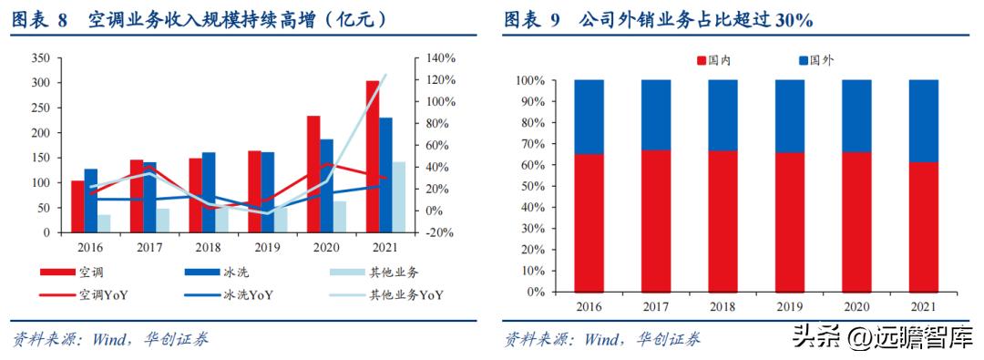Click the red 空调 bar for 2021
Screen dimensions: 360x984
click(x=373, y=157)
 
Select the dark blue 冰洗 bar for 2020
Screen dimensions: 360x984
click(x=326, y=186)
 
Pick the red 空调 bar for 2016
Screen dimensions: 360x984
click(x=77, y=207)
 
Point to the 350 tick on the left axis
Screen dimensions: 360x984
click(x=40, y=57)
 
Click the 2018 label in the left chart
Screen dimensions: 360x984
click(x=208, y=247)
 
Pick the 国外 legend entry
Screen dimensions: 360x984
click(x=816, y=60)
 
